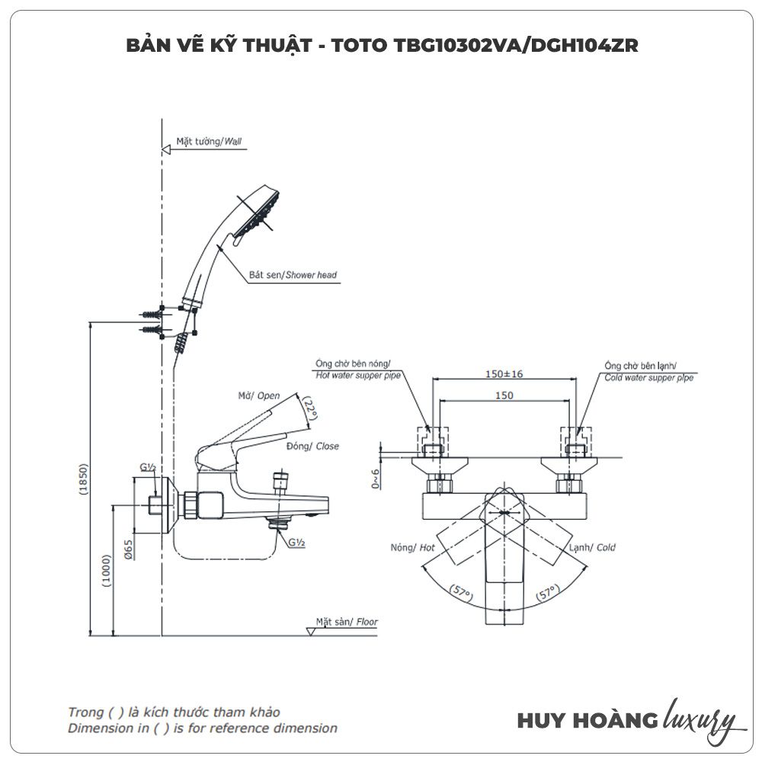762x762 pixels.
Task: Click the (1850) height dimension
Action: tap(85, 480)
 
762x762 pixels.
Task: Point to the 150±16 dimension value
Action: tap(504, 374)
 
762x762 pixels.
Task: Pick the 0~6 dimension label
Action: tap(375, 479)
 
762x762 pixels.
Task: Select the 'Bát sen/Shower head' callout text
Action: tap(293, 274)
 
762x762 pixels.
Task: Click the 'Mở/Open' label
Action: tap(258, 395)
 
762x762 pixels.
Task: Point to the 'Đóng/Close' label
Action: tap(312, 447)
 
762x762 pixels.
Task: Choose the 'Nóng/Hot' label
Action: tap(412, 547)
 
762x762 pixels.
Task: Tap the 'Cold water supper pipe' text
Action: tap(648, 377)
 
